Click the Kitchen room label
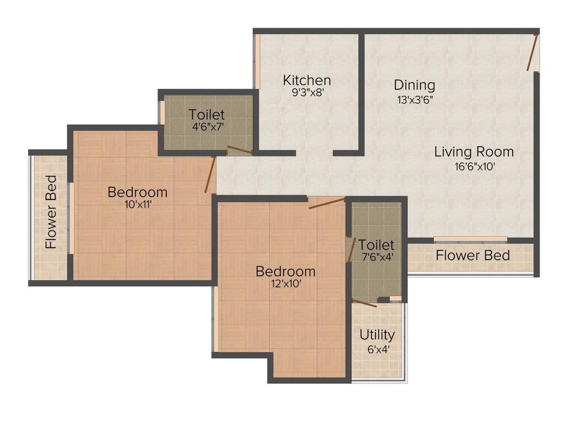point(307,80)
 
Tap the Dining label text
point(414,85)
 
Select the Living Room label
point(474,151)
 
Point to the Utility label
point(377,335)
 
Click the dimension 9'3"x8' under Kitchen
point(307,93)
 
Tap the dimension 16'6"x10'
point(474,166)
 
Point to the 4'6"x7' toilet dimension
point(207,126)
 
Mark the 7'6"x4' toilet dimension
point(377,256)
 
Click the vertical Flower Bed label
point(51,212)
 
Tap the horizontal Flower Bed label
point(473,256)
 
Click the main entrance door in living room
point(532,52)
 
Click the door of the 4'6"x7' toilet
point(240,150)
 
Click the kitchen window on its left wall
point(256,61)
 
